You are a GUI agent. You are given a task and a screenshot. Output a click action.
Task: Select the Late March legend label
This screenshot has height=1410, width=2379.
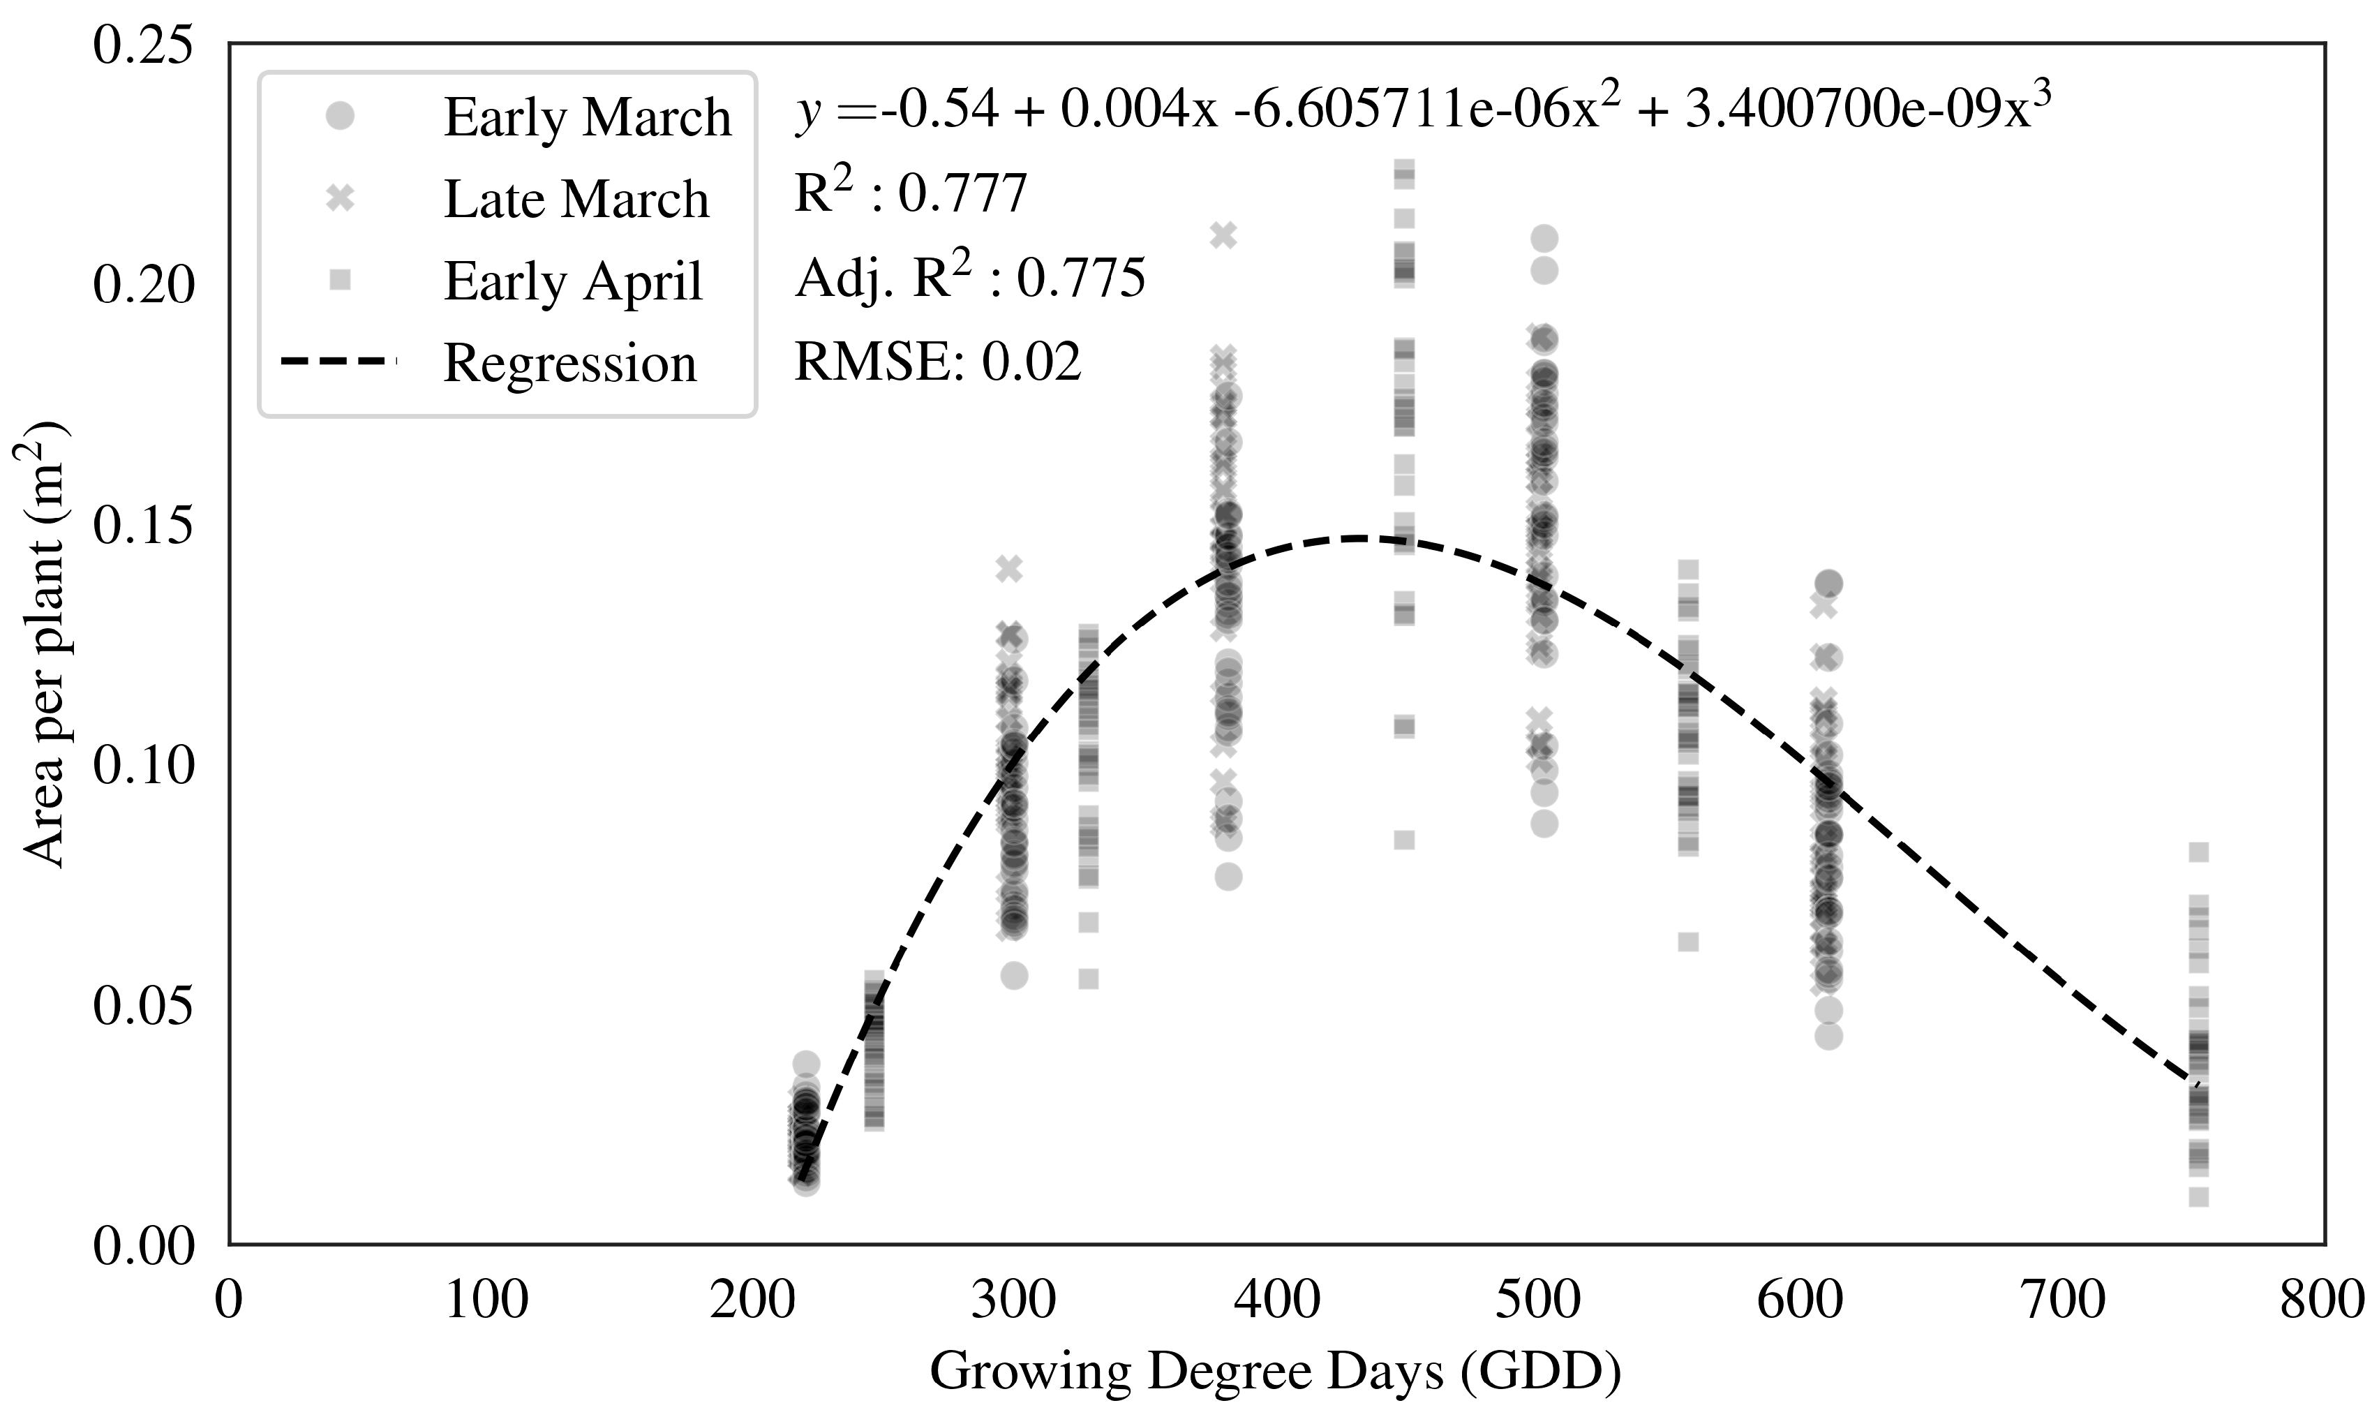click(x=576, y=200)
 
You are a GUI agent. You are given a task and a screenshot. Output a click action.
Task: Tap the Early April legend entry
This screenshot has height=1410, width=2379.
click(x=573, y=281)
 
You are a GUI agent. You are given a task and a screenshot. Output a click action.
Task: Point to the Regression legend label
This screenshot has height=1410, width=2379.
click(x=570, y=364)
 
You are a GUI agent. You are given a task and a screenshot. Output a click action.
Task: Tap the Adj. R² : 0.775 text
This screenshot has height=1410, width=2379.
click(x=969, y=276)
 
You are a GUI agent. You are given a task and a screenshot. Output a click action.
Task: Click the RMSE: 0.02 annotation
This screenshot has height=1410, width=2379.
click(x=937, y=361)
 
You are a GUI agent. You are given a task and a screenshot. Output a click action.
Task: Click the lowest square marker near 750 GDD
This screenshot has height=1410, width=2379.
click(x=2198, y=1196)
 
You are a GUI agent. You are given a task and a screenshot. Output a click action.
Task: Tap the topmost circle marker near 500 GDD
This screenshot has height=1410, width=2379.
click(x=1544, y=239)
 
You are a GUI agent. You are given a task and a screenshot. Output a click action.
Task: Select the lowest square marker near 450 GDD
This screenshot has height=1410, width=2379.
click(x=1403, y=840)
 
